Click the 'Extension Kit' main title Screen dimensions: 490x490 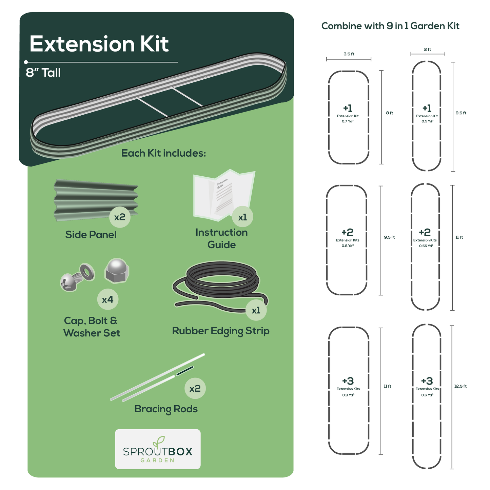pyautogui.click(x=99, y=44)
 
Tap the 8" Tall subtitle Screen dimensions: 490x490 pyautogui.click(x=43, y=73)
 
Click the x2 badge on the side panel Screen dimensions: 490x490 pyautogui.click(x=120, y=217)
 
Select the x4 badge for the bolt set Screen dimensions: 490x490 pyautogui.click(x=107, y=299)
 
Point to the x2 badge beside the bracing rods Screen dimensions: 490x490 pyautogui.click(x=195, y=389)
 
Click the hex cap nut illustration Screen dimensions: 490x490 pyautogui.click(x=117, y=270)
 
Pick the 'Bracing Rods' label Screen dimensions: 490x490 pyautogui.click(x=166, y=409)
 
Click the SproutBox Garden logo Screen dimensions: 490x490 pyautogui.click(x=158, y=449)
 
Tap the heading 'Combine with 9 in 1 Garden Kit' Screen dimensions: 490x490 pyautogui.click(x=390, y=26)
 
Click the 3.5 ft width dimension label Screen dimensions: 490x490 pyautogui.click(x=349, y=54)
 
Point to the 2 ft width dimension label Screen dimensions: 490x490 pyautogui.click(x=427, y=50)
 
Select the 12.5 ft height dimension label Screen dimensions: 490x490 pyautogui.click(x=460, y=386)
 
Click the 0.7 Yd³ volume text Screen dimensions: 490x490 pyautogui.click(x=348, y=121)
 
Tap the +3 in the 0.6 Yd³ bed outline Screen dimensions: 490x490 pyautogui.click(x=427, y=381)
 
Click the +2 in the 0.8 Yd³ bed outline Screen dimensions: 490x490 pyautogui.click(x=348, y=232)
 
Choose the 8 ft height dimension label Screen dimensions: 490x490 pyautogui.click(x=389, y=113)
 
